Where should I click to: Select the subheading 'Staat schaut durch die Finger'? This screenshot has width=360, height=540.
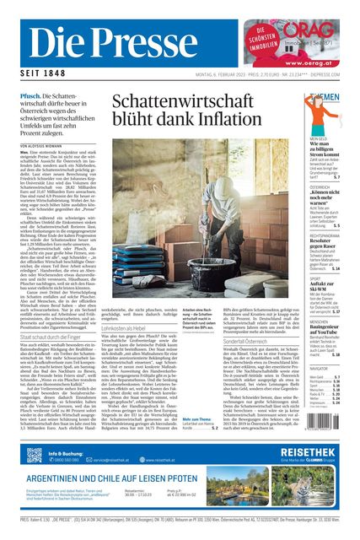(x=55, y=336)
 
